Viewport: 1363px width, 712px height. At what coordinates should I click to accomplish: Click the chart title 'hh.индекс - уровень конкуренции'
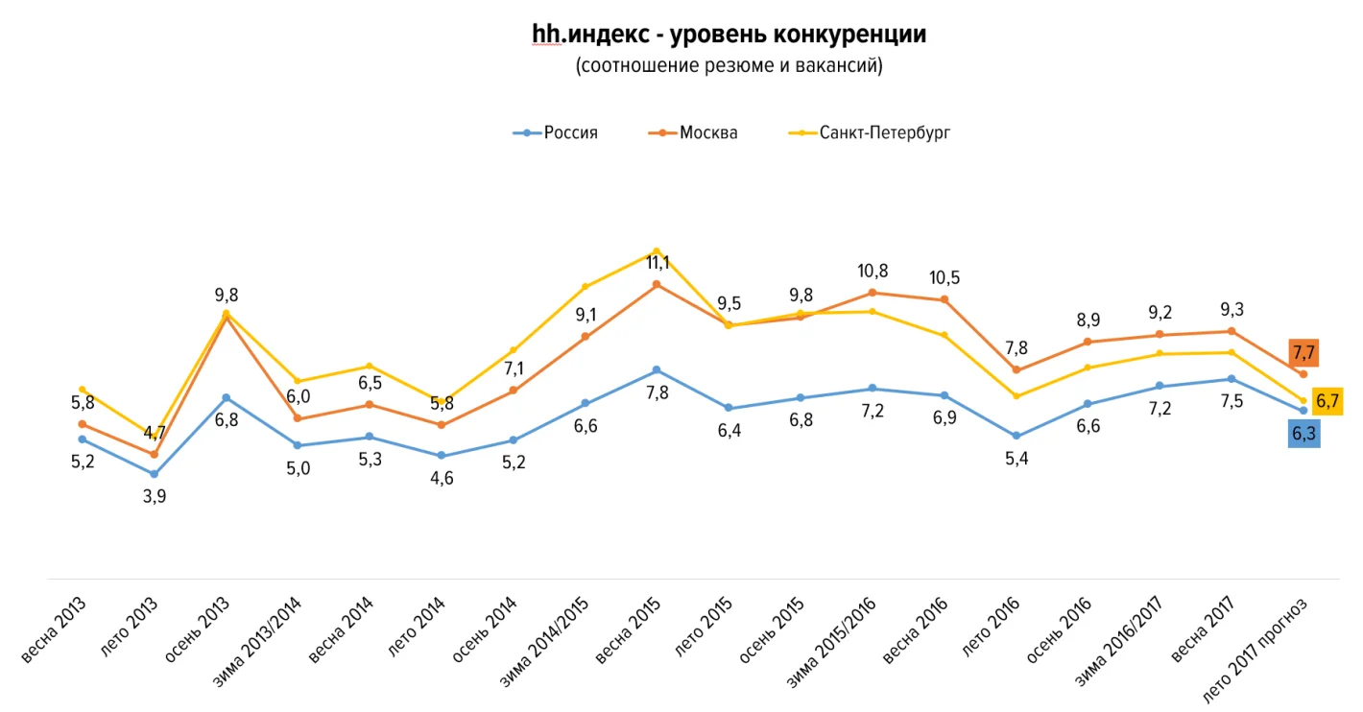coord(729,36)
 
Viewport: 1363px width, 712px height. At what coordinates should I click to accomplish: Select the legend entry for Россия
coord(557,133)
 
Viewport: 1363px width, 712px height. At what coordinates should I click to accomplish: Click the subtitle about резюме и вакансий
coord(729,66)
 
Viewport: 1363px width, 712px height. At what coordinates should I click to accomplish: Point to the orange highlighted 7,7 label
coord(1303,352)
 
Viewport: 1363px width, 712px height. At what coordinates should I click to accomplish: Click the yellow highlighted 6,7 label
coord(1327,401)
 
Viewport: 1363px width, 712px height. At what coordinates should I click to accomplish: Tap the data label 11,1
coord(658,262)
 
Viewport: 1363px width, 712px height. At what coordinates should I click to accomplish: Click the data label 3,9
coord(155,497)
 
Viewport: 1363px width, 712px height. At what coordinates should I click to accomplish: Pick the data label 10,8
coord(873,272)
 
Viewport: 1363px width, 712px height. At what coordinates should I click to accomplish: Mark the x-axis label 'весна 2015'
coord(629,630)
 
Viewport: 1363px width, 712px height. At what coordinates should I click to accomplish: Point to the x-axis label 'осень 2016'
coord(1060,630)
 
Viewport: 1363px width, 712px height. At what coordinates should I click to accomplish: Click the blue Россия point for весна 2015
coord(657,370)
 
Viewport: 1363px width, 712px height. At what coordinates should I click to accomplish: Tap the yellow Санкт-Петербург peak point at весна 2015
coord(657,251)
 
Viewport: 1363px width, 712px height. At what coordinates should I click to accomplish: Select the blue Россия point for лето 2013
coord(155,474)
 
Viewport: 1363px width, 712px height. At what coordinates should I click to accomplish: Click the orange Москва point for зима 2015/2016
coord(873,293)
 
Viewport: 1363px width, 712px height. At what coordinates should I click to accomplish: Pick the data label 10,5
coord(944,278)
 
